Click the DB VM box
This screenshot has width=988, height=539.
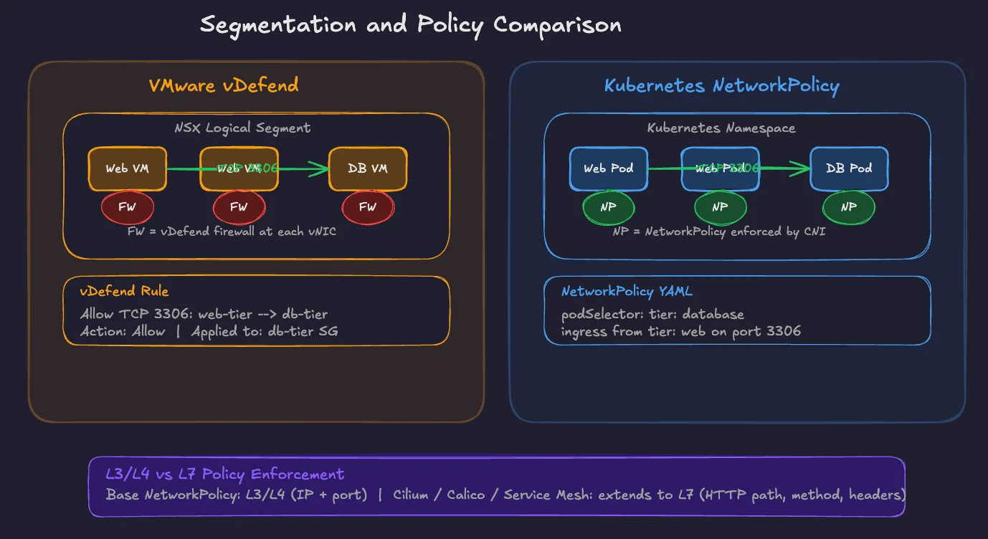368,169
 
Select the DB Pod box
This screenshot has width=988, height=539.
849,169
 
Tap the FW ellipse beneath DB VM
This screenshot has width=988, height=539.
368,207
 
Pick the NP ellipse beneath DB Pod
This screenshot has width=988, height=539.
848,207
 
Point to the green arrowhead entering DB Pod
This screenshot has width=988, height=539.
802,169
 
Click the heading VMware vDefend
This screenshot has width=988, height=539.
224,86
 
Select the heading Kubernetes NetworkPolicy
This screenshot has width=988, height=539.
721,86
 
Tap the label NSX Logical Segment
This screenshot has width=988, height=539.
242,128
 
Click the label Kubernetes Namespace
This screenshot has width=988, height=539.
721,128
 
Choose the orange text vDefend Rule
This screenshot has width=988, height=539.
125,292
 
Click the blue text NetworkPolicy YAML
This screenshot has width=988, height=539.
627,292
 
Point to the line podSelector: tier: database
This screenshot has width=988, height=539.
652,315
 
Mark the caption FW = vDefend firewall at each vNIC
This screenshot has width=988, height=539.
232,232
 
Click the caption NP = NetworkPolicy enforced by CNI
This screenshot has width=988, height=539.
718,232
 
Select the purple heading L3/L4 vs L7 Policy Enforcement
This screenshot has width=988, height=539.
225,474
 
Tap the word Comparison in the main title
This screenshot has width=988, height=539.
557,25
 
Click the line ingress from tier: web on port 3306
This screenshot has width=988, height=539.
681,331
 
